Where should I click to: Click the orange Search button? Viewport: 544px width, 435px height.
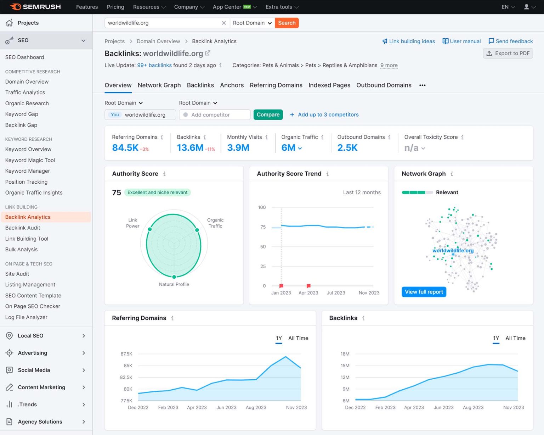coord(287,23)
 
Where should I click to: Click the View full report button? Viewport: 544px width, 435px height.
coord(424,292)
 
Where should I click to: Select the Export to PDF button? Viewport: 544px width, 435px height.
coord(508,54)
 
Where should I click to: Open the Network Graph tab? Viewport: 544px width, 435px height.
coord(159,85)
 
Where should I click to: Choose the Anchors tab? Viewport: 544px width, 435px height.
coord(232,85)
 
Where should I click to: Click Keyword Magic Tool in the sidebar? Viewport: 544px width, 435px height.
coord(30,160)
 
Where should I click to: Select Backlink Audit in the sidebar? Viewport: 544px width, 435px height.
coord(23,228)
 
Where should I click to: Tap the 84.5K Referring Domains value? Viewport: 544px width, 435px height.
coord(125,148)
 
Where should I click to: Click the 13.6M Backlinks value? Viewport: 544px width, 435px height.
coord(190,148)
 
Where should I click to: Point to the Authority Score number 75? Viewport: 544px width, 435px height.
coord(117,193)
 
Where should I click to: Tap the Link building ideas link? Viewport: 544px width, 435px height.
coord(408,41)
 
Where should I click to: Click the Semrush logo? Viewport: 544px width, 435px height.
coord(35,7)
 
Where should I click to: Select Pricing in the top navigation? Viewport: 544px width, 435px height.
coord(115,7)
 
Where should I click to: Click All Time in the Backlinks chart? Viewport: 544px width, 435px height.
coord(515,338)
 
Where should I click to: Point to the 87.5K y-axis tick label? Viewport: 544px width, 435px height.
coord(126,354)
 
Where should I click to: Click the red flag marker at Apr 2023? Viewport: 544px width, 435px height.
coord(308,286)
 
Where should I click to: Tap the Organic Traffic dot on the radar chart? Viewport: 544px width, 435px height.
coord(197,230)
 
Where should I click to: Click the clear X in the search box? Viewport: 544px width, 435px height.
coord(224,23)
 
